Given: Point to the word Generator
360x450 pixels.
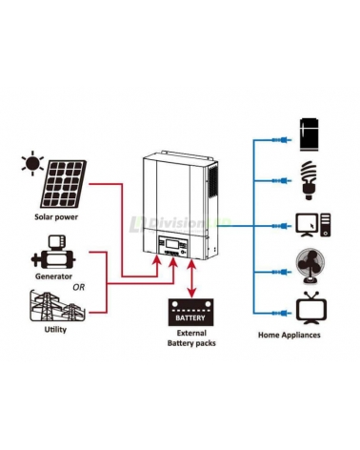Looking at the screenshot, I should pos(47,276).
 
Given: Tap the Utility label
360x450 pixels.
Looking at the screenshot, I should pos(55,331).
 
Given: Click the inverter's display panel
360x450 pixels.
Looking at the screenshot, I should pos(173,245).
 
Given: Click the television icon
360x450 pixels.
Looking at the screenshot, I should pos(310,311).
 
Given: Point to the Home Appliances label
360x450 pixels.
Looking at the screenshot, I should pos(290,336).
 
